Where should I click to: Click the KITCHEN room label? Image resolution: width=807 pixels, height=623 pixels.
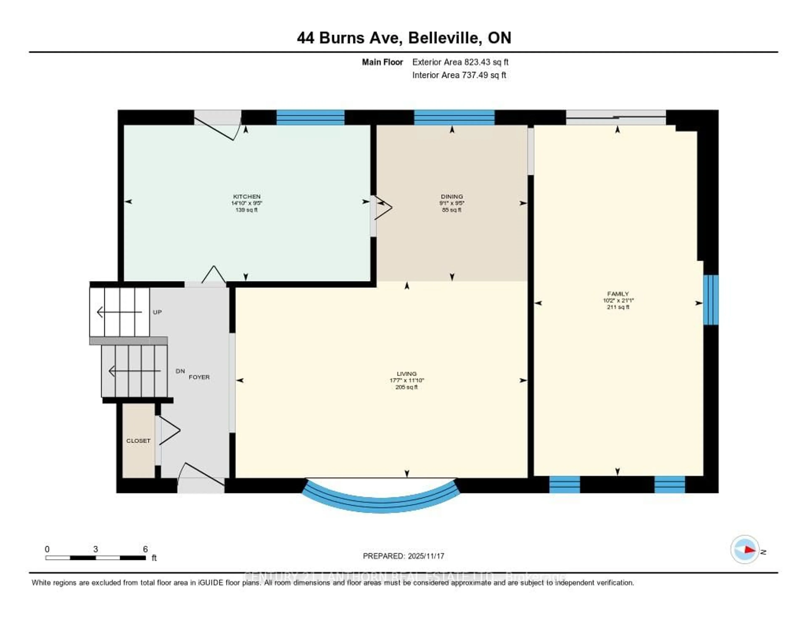pos(247,196)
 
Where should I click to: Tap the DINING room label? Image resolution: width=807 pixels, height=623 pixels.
pos(452,196)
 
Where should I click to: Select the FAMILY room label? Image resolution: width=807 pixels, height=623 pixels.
pos(618,294)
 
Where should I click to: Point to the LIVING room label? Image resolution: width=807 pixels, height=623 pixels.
pos(406,374)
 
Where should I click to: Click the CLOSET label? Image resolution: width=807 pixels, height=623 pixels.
pos(138,440)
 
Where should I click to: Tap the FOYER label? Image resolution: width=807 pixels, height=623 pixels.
pos(199,377)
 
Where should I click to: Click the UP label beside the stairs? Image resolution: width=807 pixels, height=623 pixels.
pos(157,312)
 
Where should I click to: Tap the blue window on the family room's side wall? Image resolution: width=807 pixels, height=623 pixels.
pos(711,300)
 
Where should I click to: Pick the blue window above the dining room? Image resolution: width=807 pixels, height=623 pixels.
pos(454,117)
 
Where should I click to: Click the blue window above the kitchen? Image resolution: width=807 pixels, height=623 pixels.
pos(310,117)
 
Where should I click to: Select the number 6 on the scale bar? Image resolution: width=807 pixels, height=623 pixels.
pos(145,549)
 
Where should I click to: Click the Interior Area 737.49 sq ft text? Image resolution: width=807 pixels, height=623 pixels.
pos(459,75)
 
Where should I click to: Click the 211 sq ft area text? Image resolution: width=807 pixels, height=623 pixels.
pos(618,307)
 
